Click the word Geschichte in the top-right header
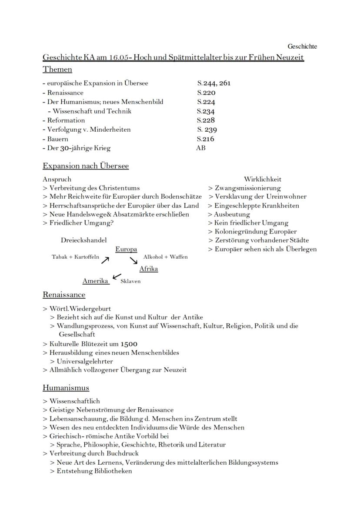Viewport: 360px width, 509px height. [302, 47]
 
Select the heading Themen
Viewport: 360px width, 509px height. [57, 70]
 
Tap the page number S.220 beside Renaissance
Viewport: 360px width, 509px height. [206, 93]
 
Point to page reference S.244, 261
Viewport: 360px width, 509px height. [213, 83]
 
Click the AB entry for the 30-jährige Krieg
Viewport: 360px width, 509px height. [200, 148]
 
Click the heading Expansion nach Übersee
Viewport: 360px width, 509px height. [86, 166]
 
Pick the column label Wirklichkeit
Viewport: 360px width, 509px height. [263, 179]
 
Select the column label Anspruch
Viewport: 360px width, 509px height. [57, 179]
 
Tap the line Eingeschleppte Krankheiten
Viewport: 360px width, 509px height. [253, 206]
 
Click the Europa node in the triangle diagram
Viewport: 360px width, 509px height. [126, 250]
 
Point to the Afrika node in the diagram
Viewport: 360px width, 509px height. [149, 269]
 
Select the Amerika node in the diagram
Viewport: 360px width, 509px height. [95, 281]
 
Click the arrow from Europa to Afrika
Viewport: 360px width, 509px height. [133, 260]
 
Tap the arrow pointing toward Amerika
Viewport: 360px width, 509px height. [117, 276]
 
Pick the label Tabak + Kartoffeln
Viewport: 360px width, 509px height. [76, 257]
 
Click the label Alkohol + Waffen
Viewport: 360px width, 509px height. [166, 257]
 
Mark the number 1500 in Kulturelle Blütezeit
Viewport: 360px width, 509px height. [129, 344]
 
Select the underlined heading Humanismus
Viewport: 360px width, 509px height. [66, 388]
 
